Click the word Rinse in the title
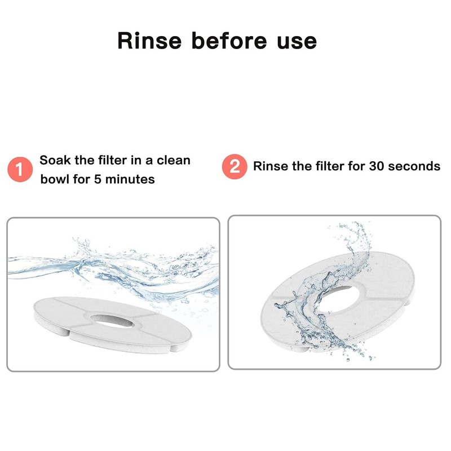[x=149, y=41]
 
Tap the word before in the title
[x=229, y=41]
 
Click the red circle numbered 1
[x=20, y=169]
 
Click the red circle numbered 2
[x=235, y=166]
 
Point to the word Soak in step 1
[x=55, y=160]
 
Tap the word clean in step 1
[x=174, y=160]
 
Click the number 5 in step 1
[x=98, y=179]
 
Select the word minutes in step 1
[x=130, y=179]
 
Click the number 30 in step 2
[x=376, y=166]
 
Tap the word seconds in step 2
[x=414, y=166]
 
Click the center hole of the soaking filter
[x=112, y=321]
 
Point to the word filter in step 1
[x=112, y=160]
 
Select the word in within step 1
[x=136, y=160]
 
